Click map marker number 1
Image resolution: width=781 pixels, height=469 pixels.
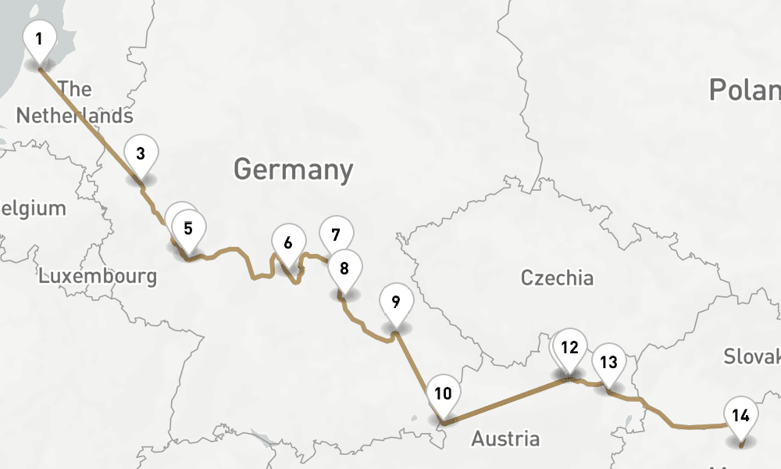pyautogui.click(x=39, y=38)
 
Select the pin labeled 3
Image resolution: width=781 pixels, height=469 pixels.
pyautogui.click(x=141, y=152)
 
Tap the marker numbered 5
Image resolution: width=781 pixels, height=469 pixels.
pyautogui.click(x=188, y=228)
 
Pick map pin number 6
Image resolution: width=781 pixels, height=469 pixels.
pyautogui.click(x=288, y=242)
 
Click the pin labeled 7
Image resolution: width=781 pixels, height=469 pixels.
pyautogui.click(x=336, y=234)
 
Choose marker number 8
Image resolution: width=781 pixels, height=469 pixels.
pyautogui.click(x=344, y=268)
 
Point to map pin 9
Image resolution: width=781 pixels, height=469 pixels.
pyautogui.click(x=396, y=301)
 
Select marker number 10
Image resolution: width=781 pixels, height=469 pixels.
pyautogui.click(x=443, y=393)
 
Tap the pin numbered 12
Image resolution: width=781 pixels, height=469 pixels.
pyautogui.click(x=570, y=347)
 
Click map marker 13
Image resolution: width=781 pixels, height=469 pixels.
pyautogui.click(x=609, y=362)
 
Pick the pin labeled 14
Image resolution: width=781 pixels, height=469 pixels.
pyautogui.click(x=741, y=414)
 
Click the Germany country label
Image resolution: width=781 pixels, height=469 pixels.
pyautogui.click(x=293, y=170)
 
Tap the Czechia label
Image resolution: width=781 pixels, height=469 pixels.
pyautogui.click(x=557, y=277)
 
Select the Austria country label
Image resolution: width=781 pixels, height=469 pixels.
pyautogui.click(x=505, y=439)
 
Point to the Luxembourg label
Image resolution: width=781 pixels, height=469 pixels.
pyautogui.click(x=98, y=276)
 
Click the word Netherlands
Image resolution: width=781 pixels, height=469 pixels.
pyautogui.click(x=74, y=116)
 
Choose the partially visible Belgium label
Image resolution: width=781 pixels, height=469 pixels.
pyautogui.click(x=33, y=209)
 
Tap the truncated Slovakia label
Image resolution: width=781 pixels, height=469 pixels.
pyautogui.click(x=751, y=356)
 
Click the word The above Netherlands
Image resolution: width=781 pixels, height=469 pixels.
pyautogui.click(x=75, y=89)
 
